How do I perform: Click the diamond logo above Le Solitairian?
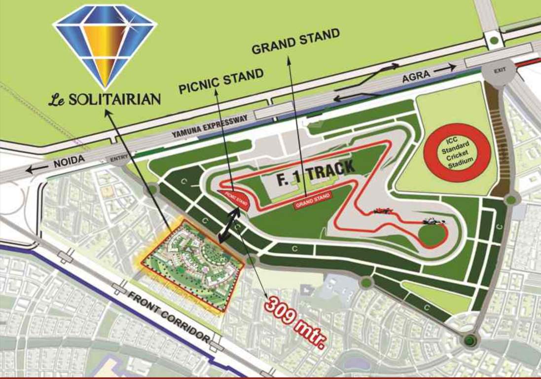click(x=105, y=45)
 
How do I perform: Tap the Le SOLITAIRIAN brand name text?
click(x=105, y=99)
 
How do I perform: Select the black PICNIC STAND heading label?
click(x=221, y=81)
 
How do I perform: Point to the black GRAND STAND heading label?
click(x=295, y=41)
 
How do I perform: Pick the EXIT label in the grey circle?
click(x=500, y=71)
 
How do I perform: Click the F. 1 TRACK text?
click(x=316, y=173)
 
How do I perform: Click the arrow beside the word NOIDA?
click(x=37, y=169)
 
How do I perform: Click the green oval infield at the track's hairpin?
click(x=433, y=234)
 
